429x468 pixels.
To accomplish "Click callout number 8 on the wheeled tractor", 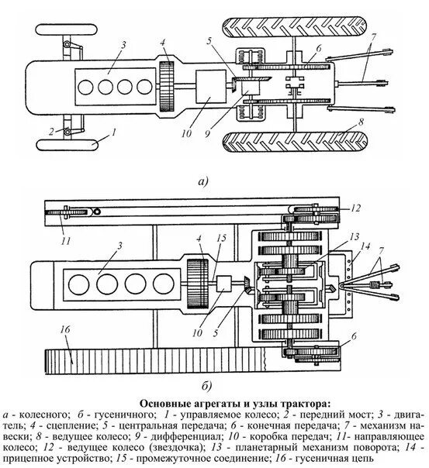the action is coord(361,122).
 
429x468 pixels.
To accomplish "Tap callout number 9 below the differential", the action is coord(207,133).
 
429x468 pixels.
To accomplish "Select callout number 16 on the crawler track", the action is coord(65,329).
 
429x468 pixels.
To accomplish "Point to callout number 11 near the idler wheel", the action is coord(66,240).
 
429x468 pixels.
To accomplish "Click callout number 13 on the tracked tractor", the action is coord(355,236).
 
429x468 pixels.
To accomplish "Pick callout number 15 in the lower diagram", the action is coord(222,238).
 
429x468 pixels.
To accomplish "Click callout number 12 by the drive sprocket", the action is coord(355,208).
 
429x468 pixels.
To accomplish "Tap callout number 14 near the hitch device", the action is coord(365,246).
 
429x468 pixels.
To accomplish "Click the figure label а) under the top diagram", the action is coord(202,181).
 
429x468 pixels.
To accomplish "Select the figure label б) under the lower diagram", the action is coord(206,386).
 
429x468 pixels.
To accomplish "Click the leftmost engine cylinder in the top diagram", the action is coord(85,87).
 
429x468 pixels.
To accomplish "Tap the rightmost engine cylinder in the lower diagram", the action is coord(164,283).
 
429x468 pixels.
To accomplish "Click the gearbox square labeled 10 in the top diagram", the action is coord(210,87).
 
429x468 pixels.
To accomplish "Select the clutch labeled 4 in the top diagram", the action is coord(167,87).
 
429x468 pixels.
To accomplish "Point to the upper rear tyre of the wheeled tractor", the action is coord(295,27).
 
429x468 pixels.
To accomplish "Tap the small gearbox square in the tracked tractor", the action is coord(223,284).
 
